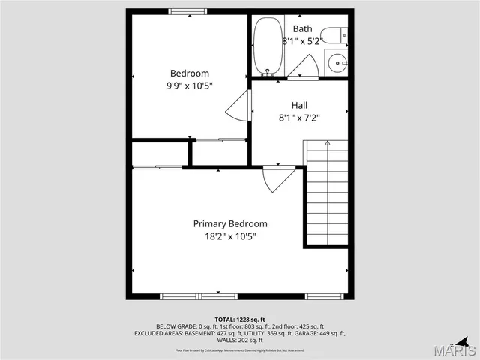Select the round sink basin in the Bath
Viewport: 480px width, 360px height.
(335, 61)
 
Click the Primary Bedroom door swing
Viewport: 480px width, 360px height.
(279, 178)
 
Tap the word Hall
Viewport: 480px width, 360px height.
(299, 105)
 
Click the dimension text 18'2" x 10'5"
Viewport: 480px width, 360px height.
(229, 236)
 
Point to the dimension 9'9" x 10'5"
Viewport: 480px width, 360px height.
(189, 85)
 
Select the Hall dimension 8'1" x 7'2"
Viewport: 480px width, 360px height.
(299, 117)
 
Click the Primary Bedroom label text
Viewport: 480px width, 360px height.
(229, 223)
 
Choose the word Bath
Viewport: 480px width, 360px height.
(303, 28)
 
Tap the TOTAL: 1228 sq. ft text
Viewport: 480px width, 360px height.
(239, 319)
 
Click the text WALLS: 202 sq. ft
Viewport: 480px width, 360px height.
(239, 340)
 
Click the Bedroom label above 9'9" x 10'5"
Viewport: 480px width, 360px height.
(189, 73)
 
